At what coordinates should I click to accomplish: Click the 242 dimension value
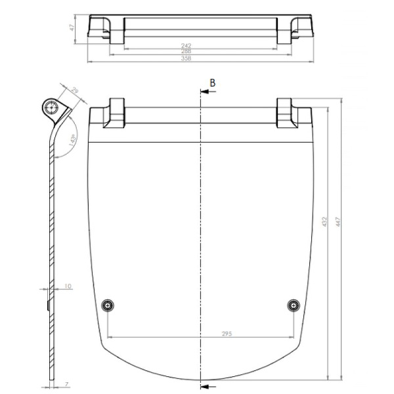pos(186,45)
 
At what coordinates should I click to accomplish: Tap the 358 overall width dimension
pos(186,59)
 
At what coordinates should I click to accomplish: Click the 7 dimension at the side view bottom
pos(66,385)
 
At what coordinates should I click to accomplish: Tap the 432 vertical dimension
pos(324,223)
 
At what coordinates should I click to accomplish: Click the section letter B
pos(212,82)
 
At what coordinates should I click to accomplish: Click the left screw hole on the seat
pos(108,305)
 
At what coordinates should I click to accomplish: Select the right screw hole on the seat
pos(294,305)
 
